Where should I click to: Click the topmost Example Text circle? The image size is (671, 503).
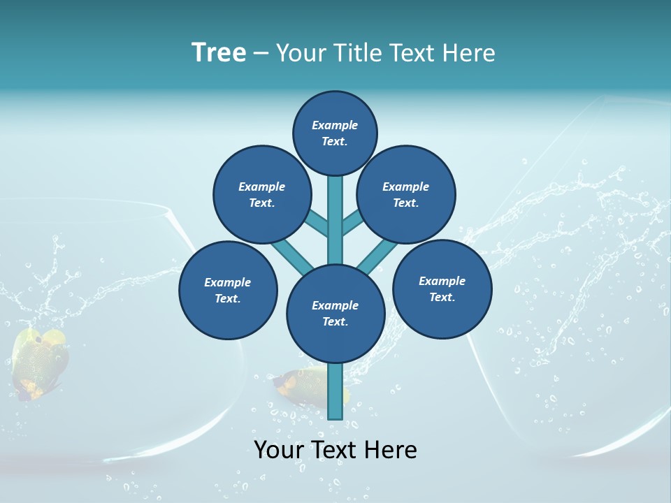(335, 133)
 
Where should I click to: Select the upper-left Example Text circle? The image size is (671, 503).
(261, 194)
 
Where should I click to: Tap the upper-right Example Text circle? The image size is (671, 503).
(406, 194)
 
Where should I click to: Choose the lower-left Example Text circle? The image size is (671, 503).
(228, 290)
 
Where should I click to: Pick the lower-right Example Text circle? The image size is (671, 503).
(442, 289)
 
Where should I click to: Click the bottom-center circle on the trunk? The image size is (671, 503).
(335, 313)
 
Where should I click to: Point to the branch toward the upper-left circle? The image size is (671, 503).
(317, 223)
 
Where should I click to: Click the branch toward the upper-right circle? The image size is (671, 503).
(353, 222)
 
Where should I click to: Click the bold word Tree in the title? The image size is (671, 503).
(219, 52)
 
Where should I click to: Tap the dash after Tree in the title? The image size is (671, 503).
(261, 54)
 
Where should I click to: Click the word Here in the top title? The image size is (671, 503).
(471, 53)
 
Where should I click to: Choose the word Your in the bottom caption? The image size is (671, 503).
(278, 450)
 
